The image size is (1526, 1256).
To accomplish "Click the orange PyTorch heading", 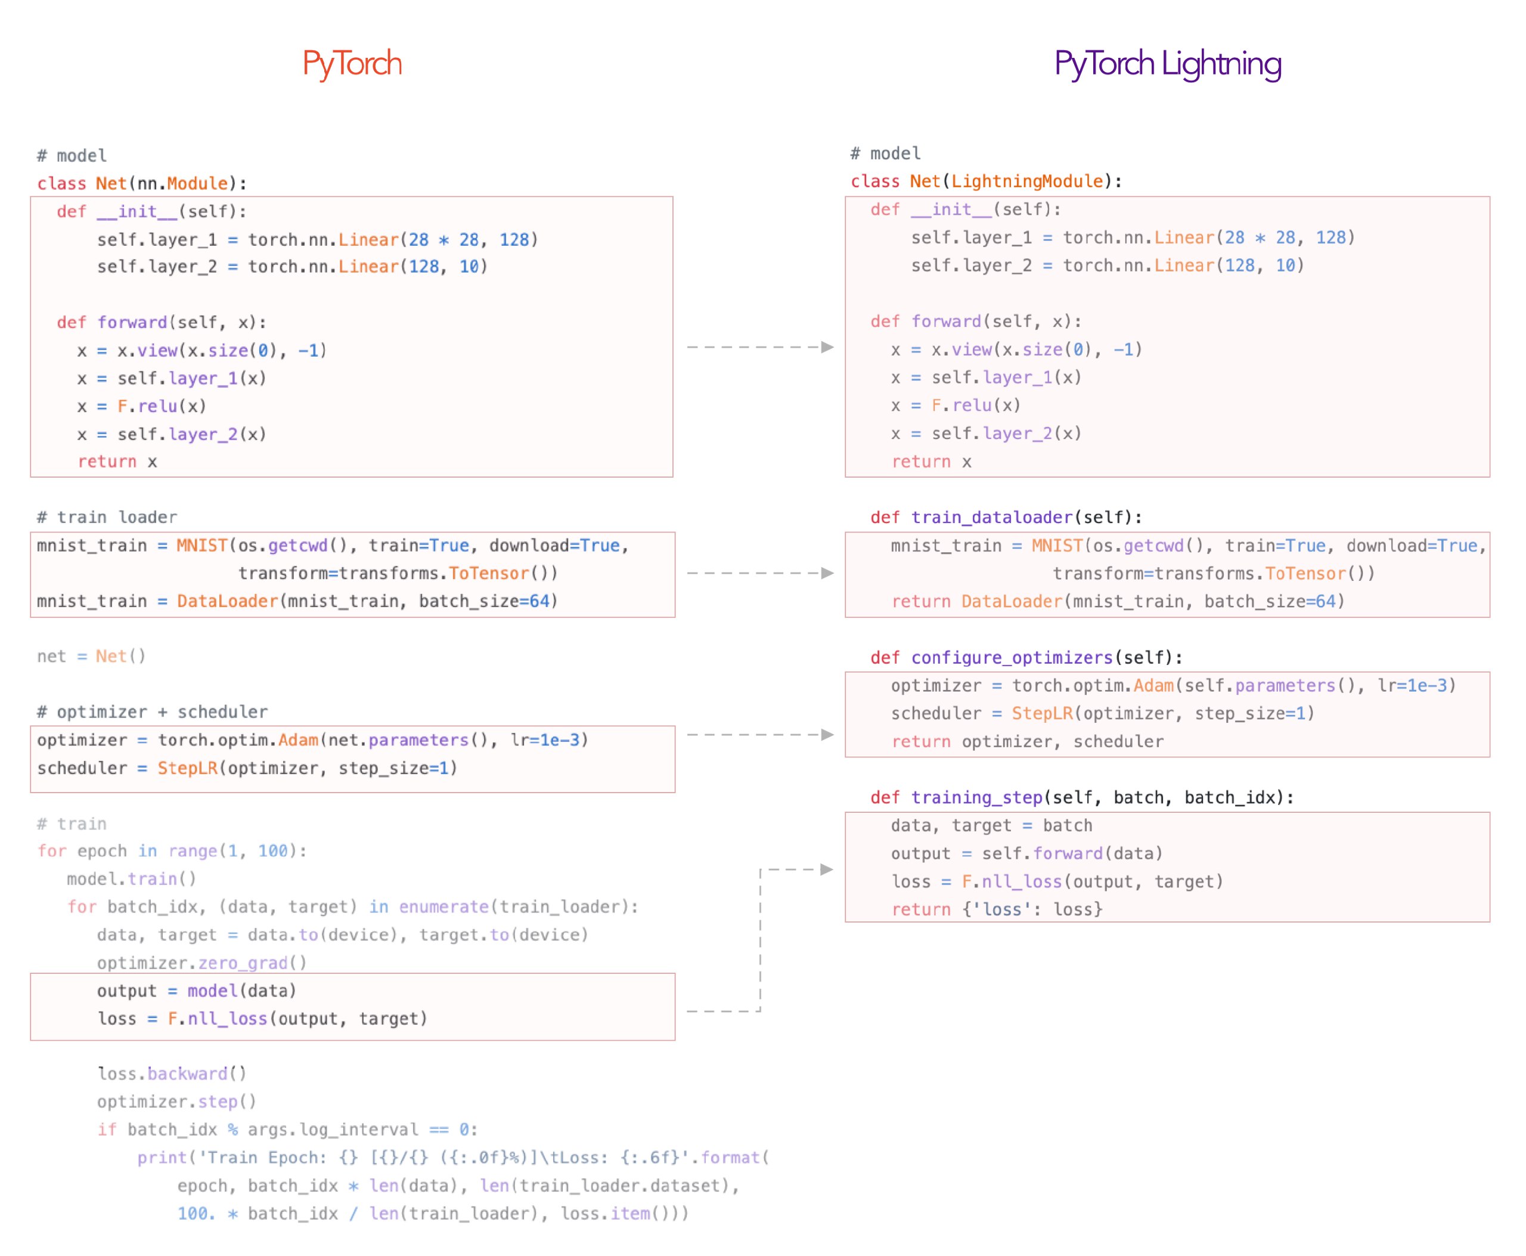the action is point(352,64).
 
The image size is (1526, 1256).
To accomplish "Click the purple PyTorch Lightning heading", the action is point(1167,64).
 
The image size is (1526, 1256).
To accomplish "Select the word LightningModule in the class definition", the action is point(1027,181).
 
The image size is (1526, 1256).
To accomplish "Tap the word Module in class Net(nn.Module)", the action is point(197,183).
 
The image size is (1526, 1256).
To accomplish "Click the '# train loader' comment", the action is point(107,516).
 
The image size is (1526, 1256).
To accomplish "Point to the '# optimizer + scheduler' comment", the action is point(152,712).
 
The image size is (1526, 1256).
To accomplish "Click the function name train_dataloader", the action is point(991,517).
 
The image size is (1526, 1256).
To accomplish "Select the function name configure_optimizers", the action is point(1012,657).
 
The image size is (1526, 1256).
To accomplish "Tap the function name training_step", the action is point(976,797).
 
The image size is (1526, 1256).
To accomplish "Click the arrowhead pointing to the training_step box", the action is point(827,869).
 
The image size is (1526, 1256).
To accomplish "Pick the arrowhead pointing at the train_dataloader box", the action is point(827,573).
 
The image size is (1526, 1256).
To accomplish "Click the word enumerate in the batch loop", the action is point(444,907).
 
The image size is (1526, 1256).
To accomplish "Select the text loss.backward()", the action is point(172,1074).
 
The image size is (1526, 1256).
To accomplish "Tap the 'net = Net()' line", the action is point(91,656).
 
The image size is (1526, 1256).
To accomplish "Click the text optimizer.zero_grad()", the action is point(202,963).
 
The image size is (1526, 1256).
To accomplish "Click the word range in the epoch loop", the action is point(193,852).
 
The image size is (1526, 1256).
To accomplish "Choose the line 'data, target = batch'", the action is point(991,825).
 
